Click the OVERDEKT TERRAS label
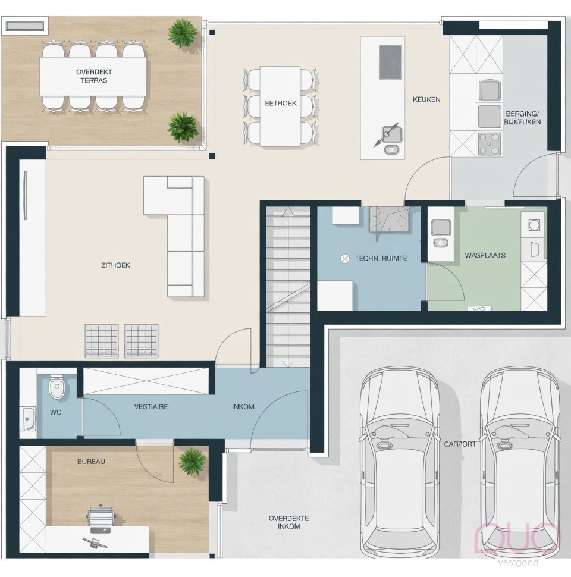(x=94, y=76)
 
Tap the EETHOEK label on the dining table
(x=281, y=102)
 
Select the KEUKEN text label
(x=426, y=99)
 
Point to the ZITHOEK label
(x=115, y=265)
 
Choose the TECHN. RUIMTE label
(x=381, y=259)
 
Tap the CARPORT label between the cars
(x=460, y=444)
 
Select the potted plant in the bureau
(x=192, y=460)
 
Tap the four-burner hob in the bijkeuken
(x=490, y=143)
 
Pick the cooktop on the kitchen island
(x=390, y=62)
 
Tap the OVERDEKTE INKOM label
(x=284, y=522)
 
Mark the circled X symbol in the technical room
(x=344, y=258)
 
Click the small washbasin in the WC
(x=29, y=418)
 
